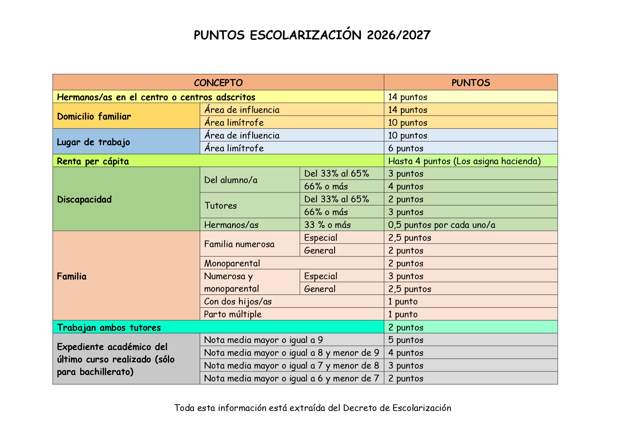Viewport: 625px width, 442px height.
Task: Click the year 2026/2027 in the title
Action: (x=398, y=35)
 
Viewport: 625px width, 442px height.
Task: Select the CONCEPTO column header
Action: (x=218, y=83)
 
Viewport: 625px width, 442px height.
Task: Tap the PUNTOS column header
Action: (x=470, y=83)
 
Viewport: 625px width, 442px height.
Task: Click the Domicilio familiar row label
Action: (x=94, y=116)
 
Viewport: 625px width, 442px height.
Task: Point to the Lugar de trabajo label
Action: (x=93, y=142)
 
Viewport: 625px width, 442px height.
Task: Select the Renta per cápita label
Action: (x=93, y=161)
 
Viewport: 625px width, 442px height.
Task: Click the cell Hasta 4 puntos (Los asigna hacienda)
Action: (x=464, y=161)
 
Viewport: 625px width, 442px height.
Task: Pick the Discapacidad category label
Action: (x=84, y=199)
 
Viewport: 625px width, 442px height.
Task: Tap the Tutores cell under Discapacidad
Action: (x=220, y=206)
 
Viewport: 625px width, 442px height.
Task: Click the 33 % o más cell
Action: (x=327, y=225)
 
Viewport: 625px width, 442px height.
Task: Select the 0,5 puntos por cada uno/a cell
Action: (x=442, y=225)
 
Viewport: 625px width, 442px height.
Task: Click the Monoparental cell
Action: (x=232, y=263)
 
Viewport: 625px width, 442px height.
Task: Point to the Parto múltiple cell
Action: (x=233, y=314)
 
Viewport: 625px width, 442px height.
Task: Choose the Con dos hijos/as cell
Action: (x=238, y=301)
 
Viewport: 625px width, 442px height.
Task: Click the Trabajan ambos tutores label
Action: (x=109, y=327)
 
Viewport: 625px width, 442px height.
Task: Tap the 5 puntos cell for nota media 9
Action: (x=406, y=340)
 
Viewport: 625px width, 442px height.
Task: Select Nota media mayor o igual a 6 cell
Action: (x=291, y=378)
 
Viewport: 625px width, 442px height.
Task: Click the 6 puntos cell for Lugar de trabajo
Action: (x=406, y=148)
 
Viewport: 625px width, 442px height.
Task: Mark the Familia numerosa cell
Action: (x=239, y=244)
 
